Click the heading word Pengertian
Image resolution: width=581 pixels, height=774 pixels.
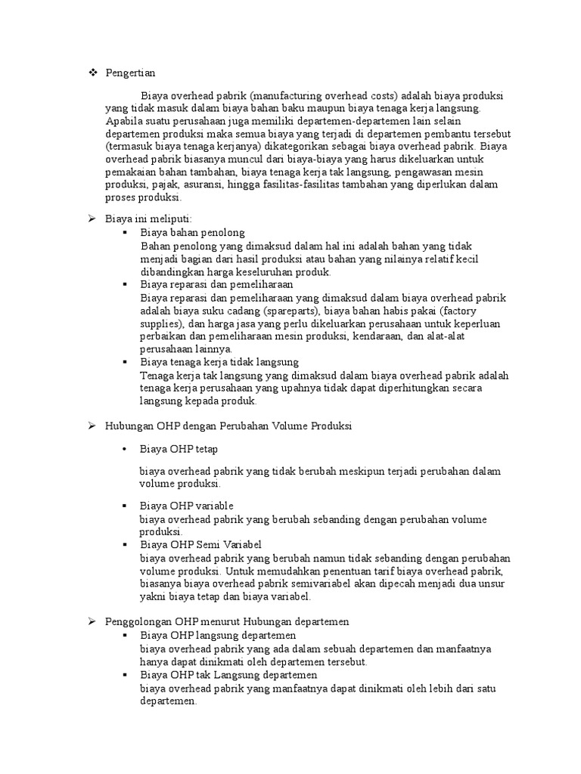130,73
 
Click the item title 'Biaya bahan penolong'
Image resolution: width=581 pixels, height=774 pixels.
192,232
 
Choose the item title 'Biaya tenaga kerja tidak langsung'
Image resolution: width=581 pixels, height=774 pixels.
219,362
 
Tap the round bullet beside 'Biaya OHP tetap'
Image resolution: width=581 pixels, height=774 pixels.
123,449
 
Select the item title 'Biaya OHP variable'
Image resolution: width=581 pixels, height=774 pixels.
187,505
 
